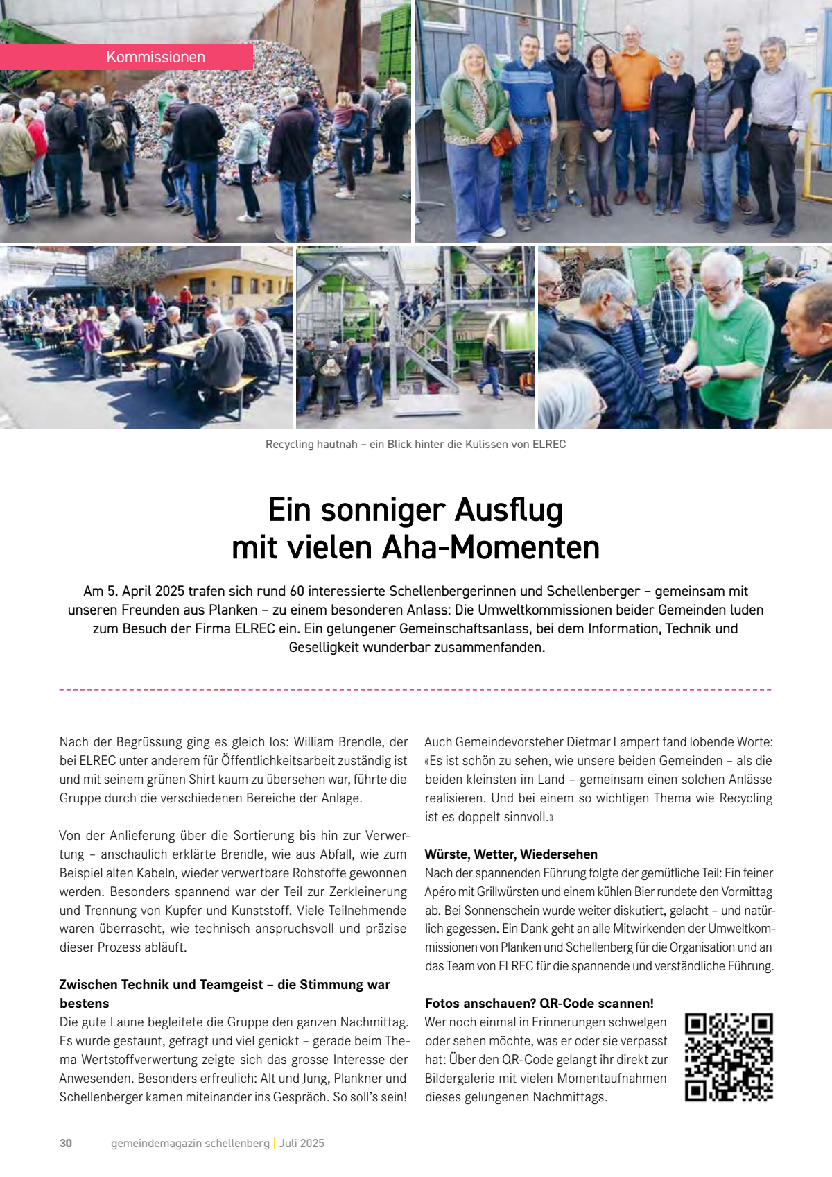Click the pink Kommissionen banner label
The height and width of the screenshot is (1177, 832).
(x=155, y=57)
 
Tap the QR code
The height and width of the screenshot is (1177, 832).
(x=729, y=1056)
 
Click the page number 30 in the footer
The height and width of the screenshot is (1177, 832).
(x=66, y=1143)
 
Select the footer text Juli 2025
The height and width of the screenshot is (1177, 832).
(x=302, y=1143)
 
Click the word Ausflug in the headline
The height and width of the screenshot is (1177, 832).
(x=508, y=510)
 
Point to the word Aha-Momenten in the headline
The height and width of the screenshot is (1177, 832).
(x=490, y=547)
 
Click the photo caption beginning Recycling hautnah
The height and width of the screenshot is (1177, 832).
(x=415, y=444)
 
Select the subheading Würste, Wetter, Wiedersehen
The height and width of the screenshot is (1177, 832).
(x=511, y=854)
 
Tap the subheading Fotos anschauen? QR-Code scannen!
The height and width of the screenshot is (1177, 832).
(x=539, y=1003)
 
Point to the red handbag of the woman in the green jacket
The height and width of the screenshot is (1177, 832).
(x=502, y=141)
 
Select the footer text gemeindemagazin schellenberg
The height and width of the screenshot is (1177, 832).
(x=190, y=1143)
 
